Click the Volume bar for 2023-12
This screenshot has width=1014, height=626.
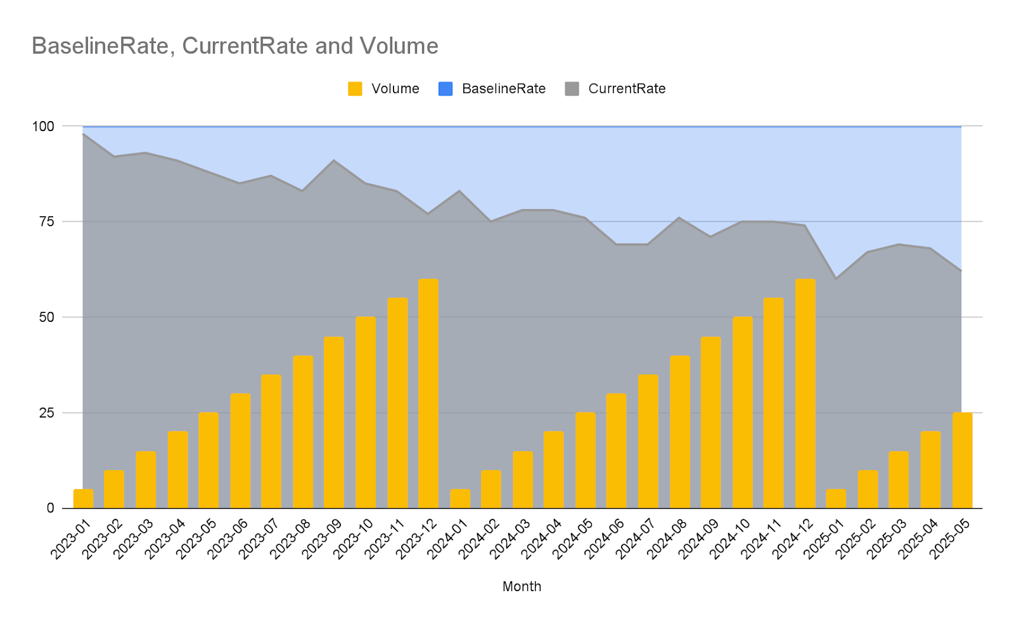[428, 393]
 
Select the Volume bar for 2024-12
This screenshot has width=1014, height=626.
[805, 393]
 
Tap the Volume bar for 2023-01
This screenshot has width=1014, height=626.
[83, 499]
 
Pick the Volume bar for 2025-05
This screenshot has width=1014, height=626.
[962, 460]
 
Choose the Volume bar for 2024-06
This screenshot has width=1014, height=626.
[617, 450]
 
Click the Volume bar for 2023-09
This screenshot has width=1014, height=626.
[334, 422]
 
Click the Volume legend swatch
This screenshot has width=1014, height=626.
[355, 89]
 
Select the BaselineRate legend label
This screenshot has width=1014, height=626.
[504, 89]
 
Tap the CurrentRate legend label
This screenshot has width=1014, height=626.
[627, 89]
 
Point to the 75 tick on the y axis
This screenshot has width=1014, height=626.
[47, 221]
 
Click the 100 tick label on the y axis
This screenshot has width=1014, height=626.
[43, 126]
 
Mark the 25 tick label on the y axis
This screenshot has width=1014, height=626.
[47, 412]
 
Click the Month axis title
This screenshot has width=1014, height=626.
[522, 586]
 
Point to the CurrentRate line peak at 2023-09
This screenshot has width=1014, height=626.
[334, 160]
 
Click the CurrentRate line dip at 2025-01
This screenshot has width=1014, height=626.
[836, 278]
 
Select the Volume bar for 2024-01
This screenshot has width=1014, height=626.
[460, 499]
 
